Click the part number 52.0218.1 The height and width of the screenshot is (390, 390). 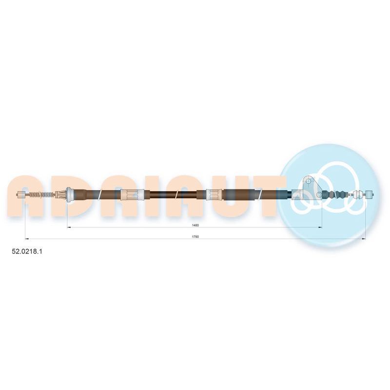pyautogui.click(x=27, y=252)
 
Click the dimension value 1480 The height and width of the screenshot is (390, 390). pyautogui.click(x=195, y=225)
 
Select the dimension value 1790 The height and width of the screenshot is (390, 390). pyautogui.click(x=195, y=237)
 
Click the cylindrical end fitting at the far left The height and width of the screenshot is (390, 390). pyautogui.click(x=21, y=195)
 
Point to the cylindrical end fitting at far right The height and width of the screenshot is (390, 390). pyautogui.click(x=369, y=195)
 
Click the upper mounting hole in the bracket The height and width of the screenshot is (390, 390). pyautogui.click(x=309, y=181)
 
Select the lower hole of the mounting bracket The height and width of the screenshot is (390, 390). pyautogui.click(x=319, y=195)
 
